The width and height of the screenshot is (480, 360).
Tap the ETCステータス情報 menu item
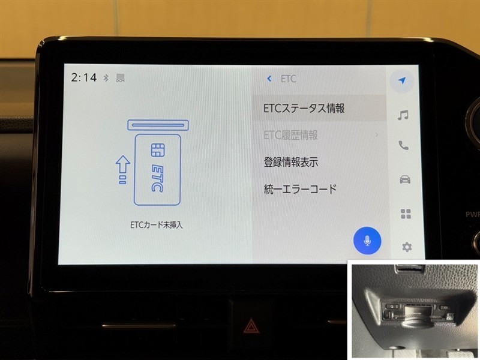[304, 109]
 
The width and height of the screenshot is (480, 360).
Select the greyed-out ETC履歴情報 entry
[290, 135]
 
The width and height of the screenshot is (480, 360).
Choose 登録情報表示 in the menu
[291, 162]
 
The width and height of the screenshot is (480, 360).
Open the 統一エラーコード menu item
[300, 189]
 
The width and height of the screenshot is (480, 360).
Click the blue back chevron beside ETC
[269, 79]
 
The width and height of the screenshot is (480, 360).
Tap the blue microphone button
[367, 241]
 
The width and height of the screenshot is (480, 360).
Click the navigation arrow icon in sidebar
[402, 80]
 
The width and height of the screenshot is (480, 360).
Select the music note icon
[403, 115]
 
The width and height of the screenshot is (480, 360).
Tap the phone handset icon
[403, 145]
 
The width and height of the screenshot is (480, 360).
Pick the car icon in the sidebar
[405, 179]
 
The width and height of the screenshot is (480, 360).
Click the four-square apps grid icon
[406, 214]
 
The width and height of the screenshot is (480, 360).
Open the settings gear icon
[407, 247]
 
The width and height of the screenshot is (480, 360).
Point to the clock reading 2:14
[83, 77]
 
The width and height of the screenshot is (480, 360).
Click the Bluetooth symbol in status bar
[106, 78]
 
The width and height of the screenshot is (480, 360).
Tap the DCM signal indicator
[121, 78]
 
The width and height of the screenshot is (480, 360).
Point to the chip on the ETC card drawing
[158, 150]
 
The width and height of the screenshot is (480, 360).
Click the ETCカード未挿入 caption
[157, 225]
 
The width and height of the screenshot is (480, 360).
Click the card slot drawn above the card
[158, 125]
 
